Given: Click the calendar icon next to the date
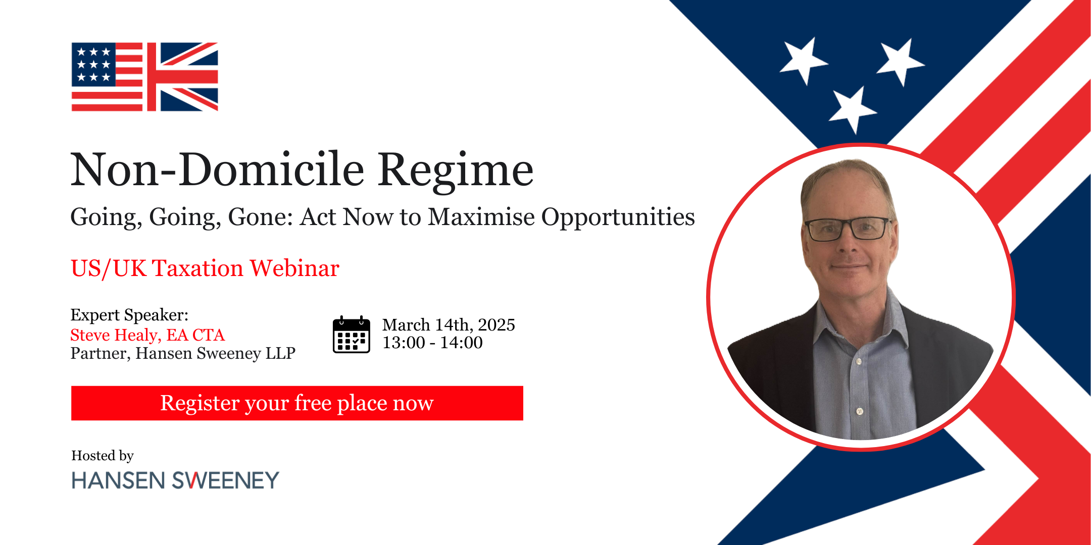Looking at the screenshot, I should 351,335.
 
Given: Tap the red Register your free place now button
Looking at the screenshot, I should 297,403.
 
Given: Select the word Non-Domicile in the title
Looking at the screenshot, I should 217,170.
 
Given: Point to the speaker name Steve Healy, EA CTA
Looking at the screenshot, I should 147,335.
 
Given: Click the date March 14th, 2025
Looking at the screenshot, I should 449,324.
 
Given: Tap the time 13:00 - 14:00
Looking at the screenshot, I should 432,343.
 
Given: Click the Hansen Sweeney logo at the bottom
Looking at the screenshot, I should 175,480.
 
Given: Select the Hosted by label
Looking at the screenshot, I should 103,456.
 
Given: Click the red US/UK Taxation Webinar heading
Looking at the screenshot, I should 205,268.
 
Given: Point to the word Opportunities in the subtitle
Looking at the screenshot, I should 618,217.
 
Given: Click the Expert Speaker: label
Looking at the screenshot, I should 129,315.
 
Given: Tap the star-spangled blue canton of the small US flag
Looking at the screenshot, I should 93,65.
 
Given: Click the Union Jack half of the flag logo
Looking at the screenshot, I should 183,77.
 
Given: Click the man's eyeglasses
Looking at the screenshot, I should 847,229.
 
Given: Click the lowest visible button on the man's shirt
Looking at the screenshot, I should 859,411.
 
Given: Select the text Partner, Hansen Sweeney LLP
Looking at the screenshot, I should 183,353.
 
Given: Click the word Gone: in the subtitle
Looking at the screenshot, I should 260,217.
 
